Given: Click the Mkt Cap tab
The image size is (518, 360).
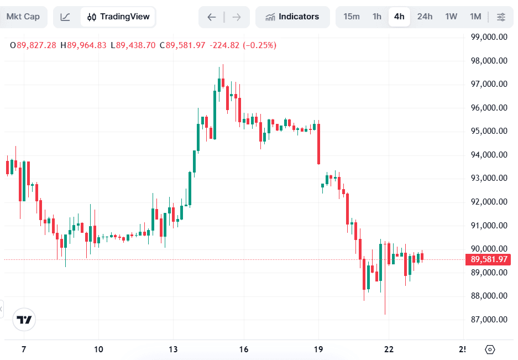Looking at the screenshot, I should tap(23, 17).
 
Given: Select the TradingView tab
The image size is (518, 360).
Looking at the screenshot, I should tap(118, 17).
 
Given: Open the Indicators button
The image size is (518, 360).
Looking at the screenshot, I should tap(292, 17).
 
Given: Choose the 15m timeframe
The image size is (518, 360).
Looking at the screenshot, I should tap(352, 17).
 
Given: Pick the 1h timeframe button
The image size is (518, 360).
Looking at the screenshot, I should tap(377, 17).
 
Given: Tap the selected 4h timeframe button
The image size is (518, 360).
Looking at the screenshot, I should tap(399, 17).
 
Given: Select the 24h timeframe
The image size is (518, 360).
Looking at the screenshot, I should tap(425, 17).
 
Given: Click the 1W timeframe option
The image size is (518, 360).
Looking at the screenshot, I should tap(451, 17).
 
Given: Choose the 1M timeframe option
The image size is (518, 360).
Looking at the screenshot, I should tap(475, 17).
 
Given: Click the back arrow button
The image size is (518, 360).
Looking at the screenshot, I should tap(212, 17).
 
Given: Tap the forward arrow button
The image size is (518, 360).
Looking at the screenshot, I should tap(237, 17).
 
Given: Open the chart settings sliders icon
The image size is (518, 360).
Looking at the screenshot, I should tap(501, 17).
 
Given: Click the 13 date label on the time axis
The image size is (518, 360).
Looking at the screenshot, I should tap(173, 349).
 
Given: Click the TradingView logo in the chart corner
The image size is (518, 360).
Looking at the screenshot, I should tap(24, 320).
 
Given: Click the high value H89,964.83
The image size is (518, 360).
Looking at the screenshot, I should tap(83, 45).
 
